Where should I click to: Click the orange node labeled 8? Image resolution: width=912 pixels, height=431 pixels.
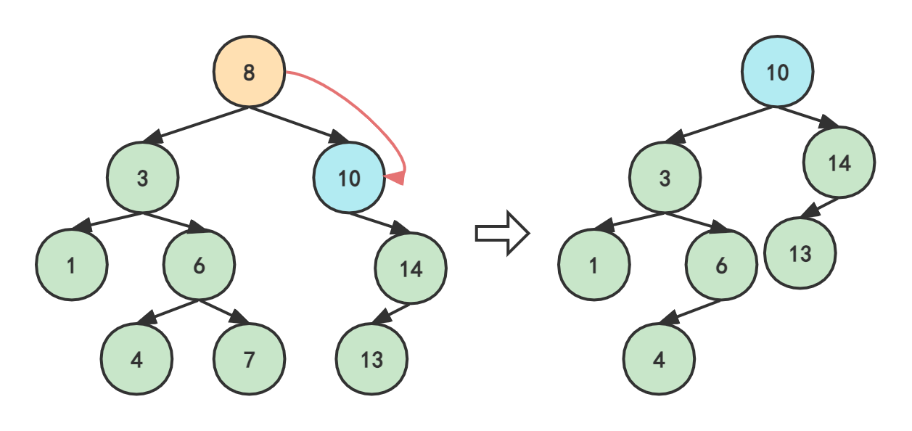pos(249,72)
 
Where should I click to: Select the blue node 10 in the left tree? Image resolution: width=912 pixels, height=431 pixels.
pos(349,178)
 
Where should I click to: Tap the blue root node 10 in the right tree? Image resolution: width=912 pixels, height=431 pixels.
pos(777,72)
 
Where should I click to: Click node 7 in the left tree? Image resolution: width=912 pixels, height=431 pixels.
pos(249,359)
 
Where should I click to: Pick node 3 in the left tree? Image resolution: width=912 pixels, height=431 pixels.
pos(142,178)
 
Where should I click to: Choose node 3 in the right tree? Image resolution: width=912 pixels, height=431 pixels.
pos(665,178)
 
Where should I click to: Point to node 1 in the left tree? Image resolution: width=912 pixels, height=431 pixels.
pos(72,265)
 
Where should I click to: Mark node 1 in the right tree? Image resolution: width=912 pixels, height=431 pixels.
pos(594,265)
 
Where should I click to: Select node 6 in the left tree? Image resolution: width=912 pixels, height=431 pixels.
pos(199,265)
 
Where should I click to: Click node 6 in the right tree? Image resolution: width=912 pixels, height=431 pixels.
pos(721,265)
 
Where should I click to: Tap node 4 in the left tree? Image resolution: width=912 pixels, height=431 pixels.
pos(136,359)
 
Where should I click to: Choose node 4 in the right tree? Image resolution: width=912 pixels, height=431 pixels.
pos(659,359)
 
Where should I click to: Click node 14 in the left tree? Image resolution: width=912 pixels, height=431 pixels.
pos(411,268)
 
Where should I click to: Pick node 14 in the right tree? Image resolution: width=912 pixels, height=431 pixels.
pos(839,163)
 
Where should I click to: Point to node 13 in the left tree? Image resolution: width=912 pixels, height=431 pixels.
pos(371,359)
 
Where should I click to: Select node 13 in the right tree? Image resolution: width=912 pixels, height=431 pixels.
pos(800,253)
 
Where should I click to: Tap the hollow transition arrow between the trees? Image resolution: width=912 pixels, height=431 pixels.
pos(502,233)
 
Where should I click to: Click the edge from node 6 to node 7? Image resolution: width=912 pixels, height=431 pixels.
pos(224,312)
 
